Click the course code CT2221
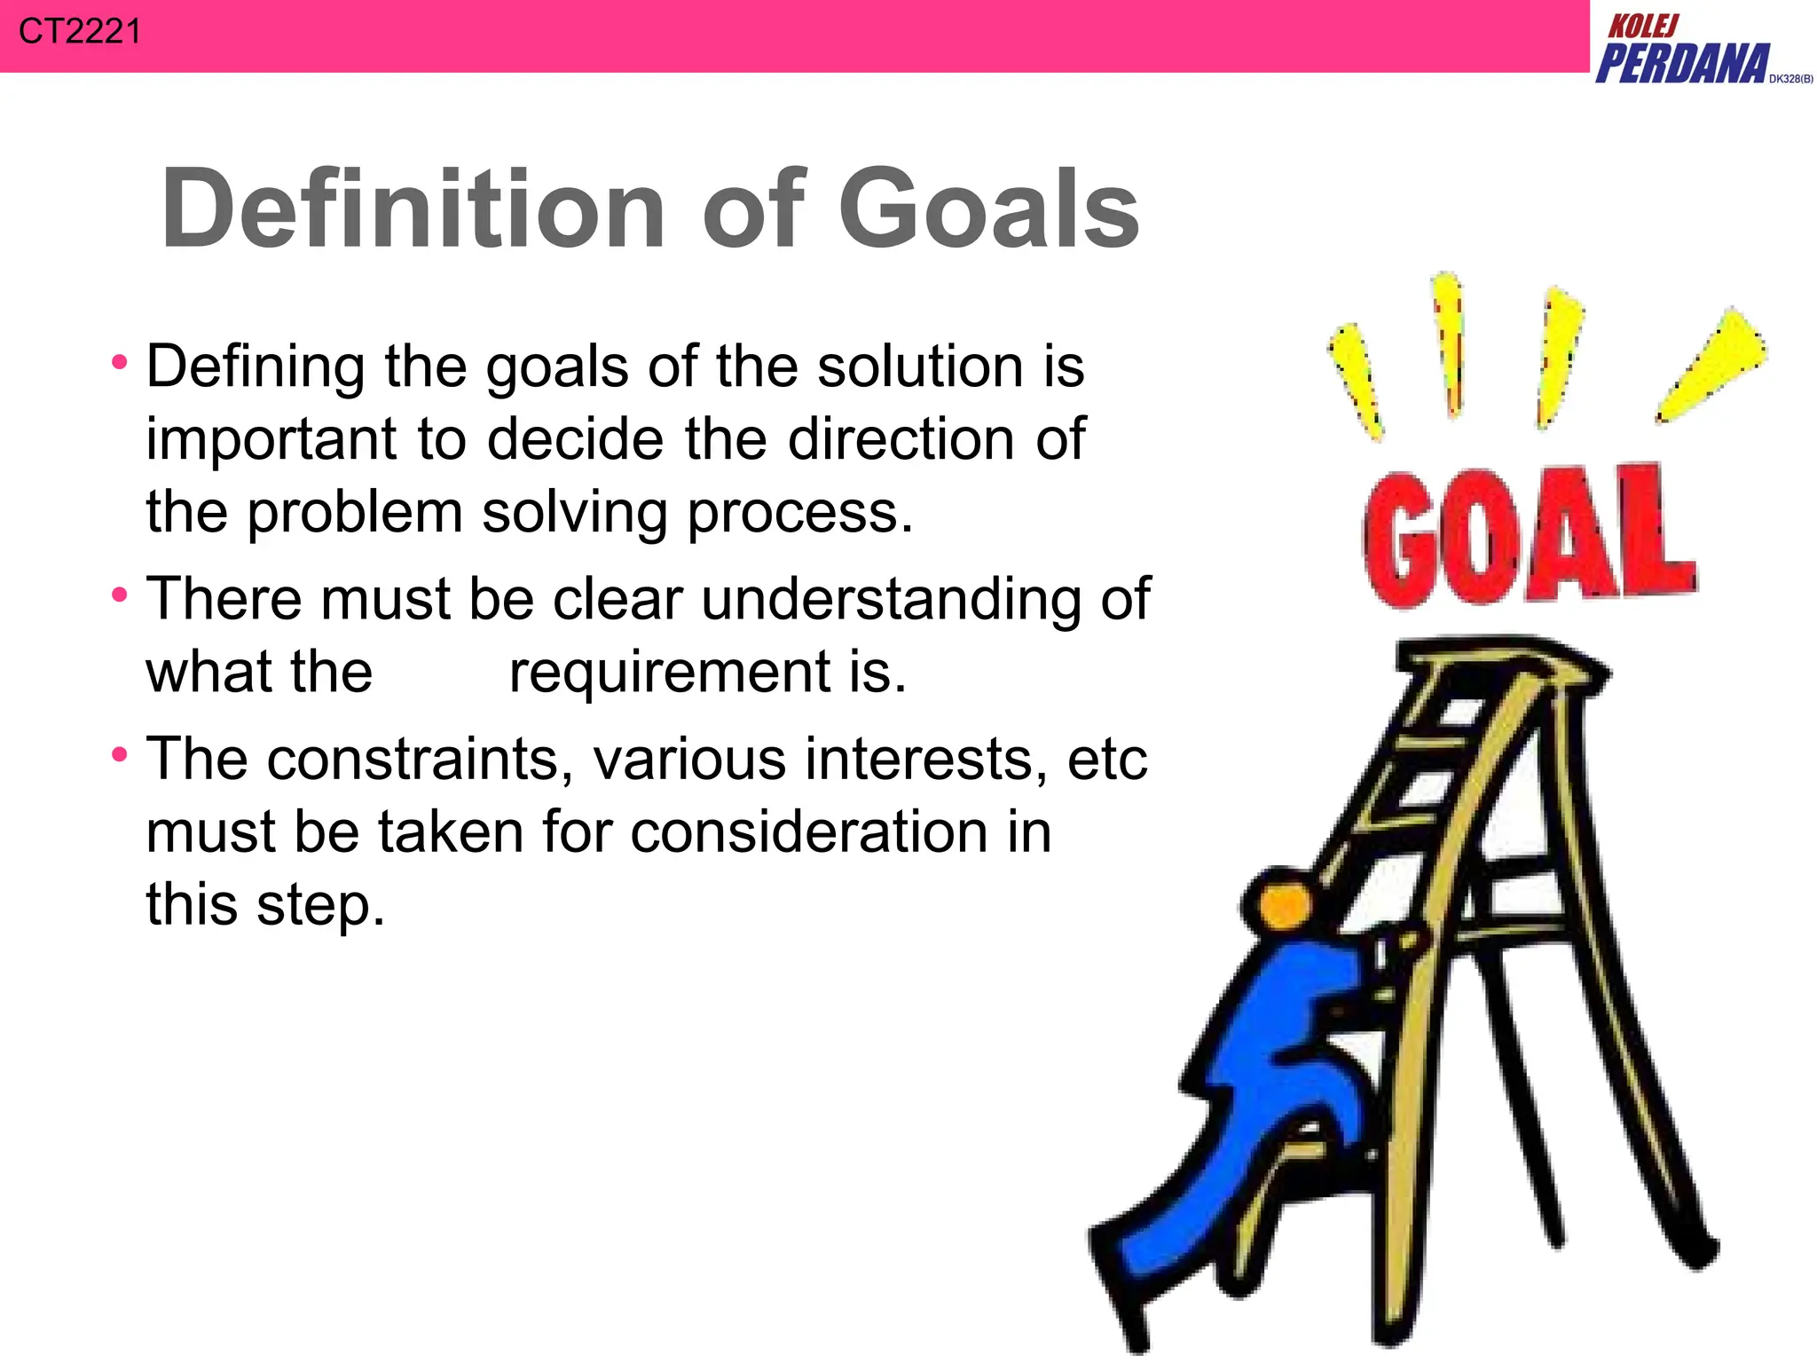(x=79, y=32)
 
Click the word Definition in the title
(x=413, y=209)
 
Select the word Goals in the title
(x=988, y=209)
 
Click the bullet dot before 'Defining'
(x=120, y=362)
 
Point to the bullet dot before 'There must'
(x=120, y=594)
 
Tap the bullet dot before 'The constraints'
(x=120, y=754)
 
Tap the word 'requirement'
(x=669, y=672)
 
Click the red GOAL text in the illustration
(x=1528, y=537)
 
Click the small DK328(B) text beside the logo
(x=1790, y=79)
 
